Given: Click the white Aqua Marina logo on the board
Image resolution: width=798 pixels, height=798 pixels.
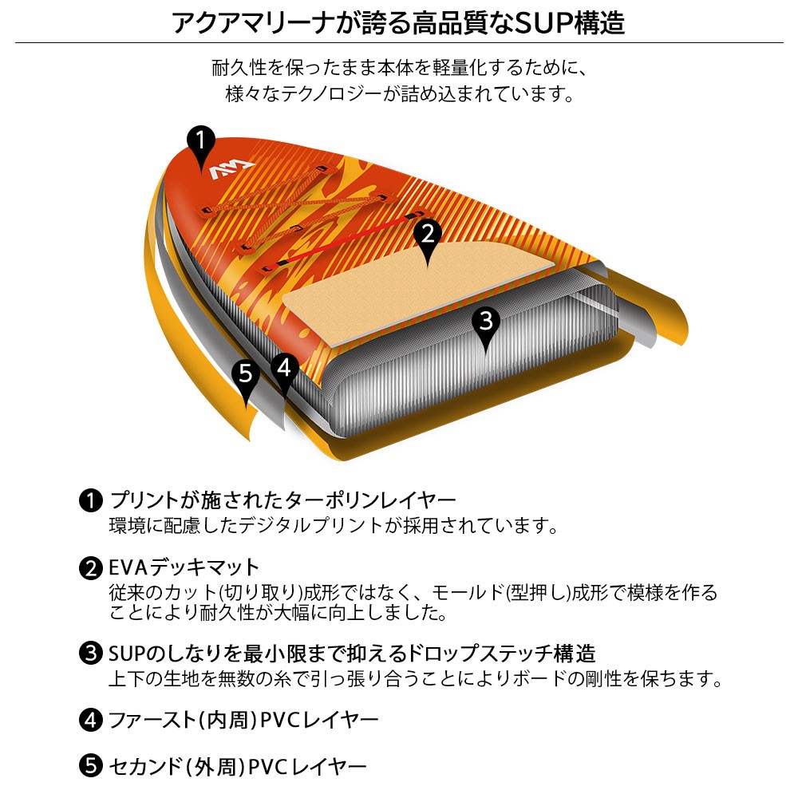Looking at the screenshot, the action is [231, 170].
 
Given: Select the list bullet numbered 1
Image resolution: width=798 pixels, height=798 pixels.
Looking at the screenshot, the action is [91, 501].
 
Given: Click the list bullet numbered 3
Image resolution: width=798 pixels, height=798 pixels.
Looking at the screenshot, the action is [91, 653].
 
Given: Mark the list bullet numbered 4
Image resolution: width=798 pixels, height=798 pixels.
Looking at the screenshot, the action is [91, 720].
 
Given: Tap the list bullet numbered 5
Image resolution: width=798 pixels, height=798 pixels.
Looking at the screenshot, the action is [91, 766].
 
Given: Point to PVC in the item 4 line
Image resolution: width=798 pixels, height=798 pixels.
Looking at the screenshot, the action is [279, 720].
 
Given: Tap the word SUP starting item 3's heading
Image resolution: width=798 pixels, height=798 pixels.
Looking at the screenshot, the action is [127, 654].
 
